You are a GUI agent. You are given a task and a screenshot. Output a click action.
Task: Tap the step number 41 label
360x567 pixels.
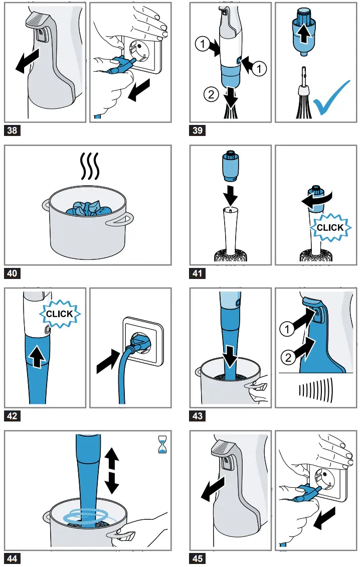(x=198, y=273)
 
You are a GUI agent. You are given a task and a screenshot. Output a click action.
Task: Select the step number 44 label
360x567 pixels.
(x=12, y=558)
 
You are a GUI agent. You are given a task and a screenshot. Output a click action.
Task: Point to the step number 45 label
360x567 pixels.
(x=198, y=558)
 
